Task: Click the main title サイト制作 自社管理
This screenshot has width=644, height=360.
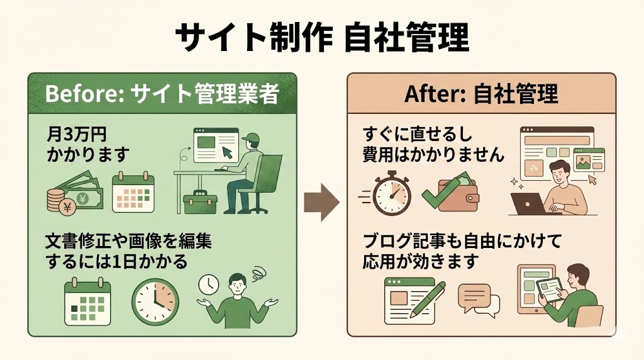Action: click(321, 38)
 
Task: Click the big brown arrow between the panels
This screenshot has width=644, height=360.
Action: click(321, 201)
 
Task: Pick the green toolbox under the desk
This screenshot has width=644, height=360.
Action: click(201, 201)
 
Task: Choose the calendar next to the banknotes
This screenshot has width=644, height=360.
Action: click(133, 191)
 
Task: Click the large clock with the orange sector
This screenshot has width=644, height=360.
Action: click(155, 301)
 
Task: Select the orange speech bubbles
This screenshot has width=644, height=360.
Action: click(478, 299)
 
